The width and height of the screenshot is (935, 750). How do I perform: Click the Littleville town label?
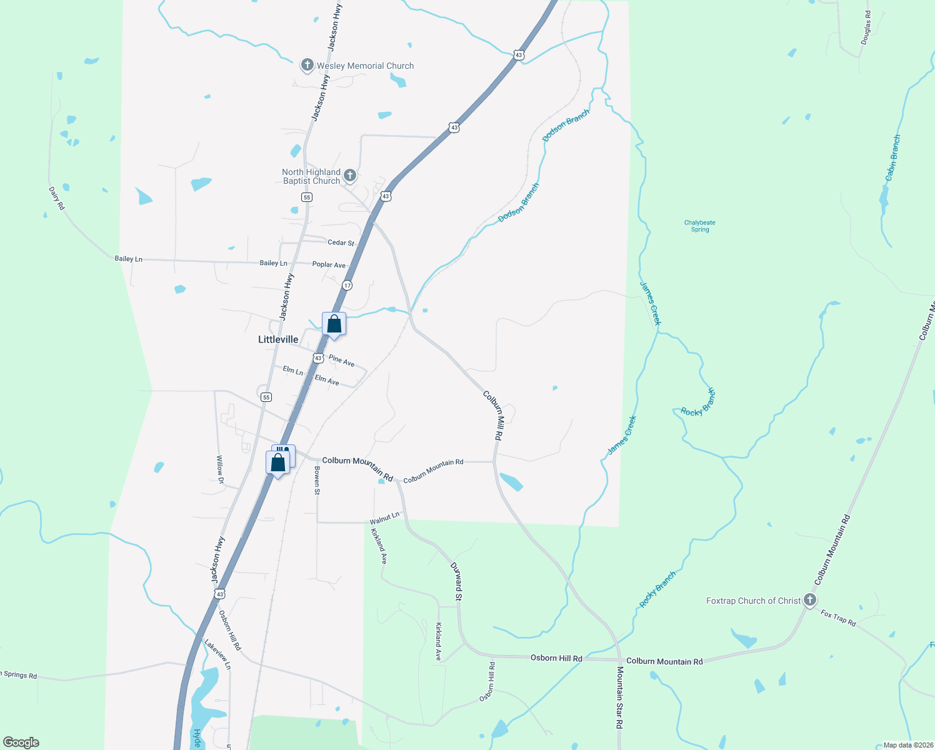point(278,339)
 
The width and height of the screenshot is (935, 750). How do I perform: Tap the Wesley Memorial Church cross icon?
point(307,65)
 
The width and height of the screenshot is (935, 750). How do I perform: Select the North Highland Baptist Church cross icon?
point(350,176)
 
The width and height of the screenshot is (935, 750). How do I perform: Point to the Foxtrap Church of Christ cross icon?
point(810,600)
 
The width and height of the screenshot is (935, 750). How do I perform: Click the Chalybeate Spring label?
point(699,226)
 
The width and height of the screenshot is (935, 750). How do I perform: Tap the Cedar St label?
point(341,242)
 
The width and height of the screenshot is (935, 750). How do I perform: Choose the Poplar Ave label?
point(329,265)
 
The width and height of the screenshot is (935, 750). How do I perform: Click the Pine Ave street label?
point(342,361)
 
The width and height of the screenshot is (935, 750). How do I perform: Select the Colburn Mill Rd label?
point(493,416)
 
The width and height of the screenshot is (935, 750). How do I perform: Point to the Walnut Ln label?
point(384,518)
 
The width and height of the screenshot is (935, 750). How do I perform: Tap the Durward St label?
point(457,581)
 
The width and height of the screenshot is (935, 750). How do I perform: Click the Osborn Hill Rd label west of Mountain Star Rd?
point(556,658)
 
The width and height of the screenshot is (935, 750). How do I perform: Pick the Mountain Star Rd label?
point(620,697)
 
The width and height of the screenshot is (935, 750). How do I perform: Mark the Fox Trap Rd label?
point(838,617)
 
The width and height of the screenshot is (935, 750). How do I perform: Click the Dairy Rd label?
point(57,198)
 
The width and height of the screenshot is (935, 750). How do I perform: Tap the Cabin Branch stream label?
point(893,158)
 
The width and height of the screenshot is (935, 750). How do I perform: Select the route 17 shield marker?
point(347,285)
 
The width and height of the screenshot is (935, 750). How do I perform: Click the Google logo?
point(21,742)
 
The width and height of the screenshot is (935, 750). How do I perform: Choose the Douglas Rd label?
point(866,27)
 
